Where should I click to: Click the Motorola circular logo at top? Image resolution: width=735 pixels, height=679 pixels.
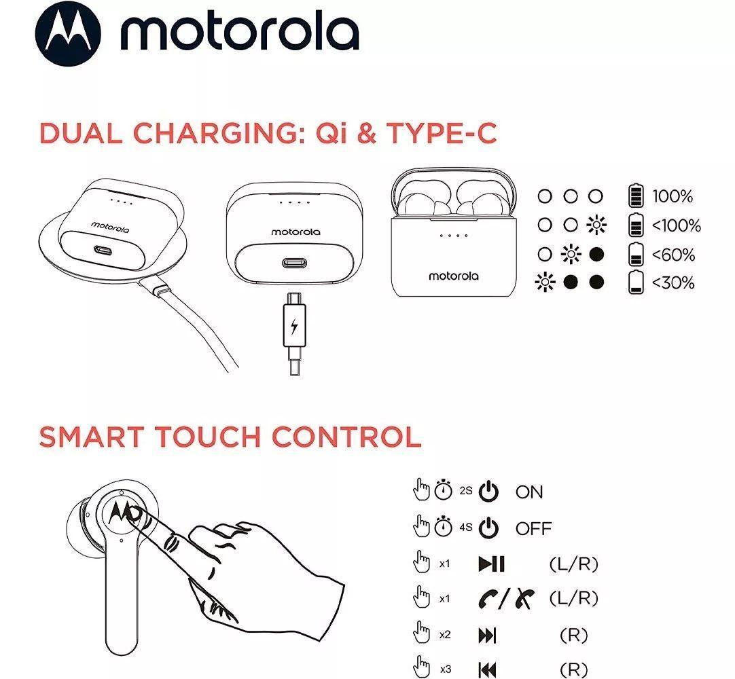pos(67,33)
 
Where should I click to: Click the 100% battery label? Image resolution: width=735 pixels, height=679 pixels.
pos(673,197)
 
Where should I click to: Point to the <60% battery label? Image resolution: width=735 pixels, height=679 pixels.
pos(673,255)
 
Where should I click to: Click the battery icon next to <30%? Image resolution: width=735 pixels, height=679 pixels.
pos(635,282)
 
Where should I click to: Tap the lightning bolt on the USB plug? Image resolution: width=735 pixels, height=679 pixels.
pos(294,327)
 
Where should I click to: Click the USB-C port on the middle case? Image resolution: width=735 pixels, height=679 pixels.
pos(294,263)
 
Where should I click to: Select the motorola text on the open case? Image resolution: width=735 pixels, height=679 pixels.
pos(453,276)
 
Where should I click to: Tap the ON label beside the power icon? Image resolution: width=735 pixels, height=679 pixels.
pos(529,492)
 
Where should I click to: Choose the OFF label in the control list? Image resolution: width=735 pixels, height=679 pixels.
pos(533,528)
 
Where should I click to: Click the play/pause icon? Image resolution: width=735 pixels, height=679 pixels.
pos(491,564)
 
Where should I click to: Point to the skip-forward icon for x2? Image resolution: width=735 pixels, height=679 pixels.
pos(488,636)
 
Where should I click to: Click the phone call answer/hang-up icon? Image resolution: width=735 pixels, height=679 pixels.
pos(506,599)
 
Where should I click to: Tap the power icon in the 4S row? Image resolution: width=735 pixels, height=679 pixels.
pos(488,528)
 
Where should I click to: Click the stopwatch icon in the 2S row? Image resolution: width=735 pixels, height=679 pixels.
pos(444,491)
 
